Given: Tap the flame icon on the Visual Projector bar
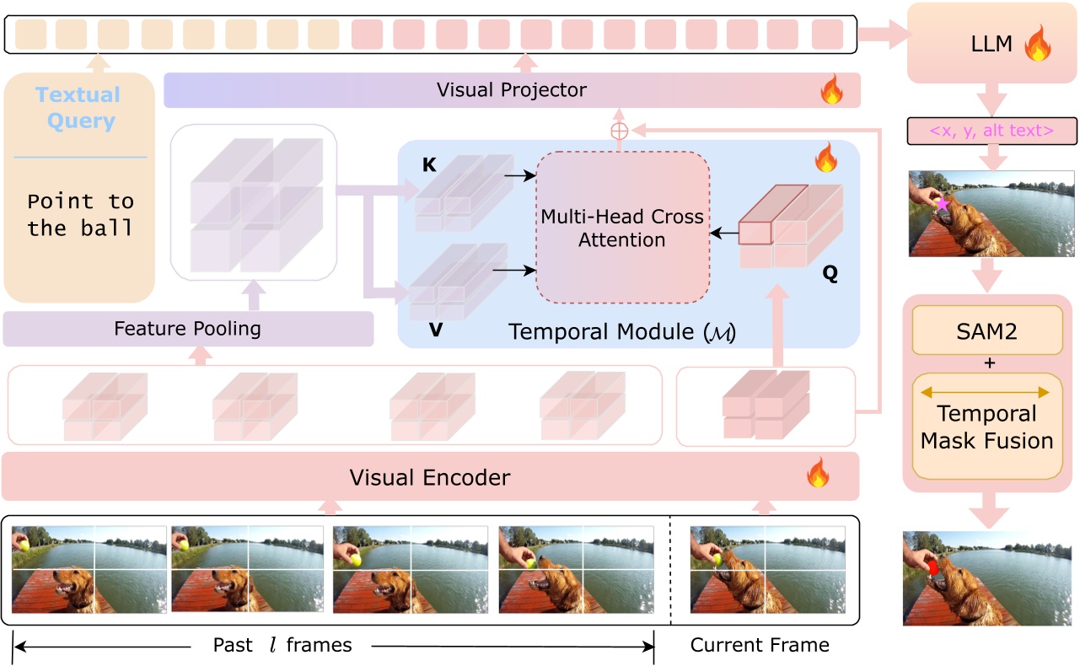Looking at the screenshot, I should click(831, 90).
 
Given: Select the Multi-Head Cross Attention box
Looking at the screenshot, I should click(622, 228).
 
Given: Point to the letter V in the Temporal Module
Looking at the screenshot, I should click(436, 330).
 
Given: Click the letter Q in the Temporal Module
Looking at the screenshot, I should click(830, 274).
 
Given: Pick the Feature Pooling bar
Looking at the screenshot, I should click(187, 329).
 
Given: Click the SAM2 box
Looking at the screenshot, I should click(987, 331).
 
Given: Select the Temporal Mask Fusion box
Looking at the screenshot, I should click(987, 426).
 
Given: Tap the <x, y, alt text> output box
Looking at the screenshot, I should click(991, 131).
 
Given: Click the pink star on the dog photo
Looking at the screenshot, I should click(941, 204).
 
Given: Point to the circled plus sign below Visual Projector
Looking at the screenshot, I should click(620, 130).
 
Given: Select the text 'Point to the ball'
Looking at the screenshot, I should click(81, 214).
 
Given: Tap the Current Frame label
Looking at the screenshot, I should click(760, 646).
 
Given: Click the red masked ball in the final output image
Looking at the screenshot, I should click(932, 568).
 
